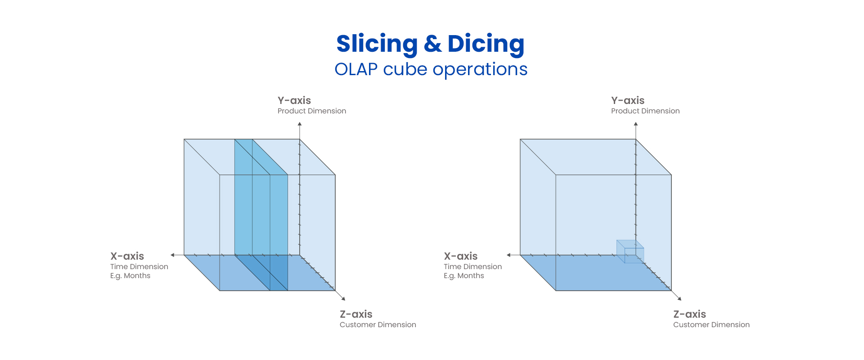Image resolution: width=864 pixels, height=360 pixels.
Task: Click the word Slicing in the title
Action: [x=377, y=44]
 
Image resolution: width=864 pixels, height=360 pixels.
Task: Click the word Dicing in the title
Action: [x=486, y=44]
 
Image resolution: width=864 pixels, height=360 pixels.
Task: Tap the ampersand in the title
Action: [x=432, y=44]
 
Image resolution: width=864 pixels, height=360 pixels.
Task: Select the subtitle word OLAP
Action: [x=356, y=70]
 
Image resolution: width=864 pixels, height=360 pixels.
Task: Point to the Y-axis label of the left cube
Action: [x=294, y=100]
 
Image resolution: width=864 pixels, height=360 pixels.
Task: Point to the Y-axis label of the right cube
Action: [x=628, y=100]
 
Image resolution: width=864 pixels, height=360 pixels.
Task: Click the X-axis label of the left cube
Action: [x=127, y=256]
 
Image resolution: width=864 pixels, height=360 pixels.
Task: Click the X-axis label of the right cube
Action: [x=461, y=256]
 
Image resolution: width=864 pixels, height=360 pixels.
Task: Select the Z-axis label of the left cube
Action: [x=356, y=314]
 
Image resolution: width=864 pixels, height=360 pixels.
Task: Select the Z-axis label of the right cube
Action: [x=689, y=314]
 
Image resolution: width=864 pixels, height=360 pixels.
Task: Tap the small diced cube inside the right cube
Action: [x=630, y=252]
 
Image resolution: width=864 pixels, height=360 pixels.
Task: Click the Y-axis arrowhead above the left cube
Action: [x=300, y=124]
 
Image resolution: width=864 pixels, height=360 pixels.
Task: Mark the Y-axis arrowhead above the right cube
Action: [x=636, y=124]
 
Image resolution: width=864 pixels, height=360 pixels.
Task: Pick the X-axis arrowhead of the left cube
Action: [x=172, y=255]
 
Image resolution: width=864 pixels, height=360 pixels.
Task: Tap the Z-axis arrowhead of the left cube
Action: [x=343, y=298]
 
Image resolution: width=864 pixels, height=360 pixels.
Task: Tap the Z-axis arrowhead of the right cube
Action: [x=679, y=298]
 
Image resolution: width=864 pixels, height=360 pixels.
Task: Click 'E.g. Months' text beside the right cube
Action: [x=464, y=276]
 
